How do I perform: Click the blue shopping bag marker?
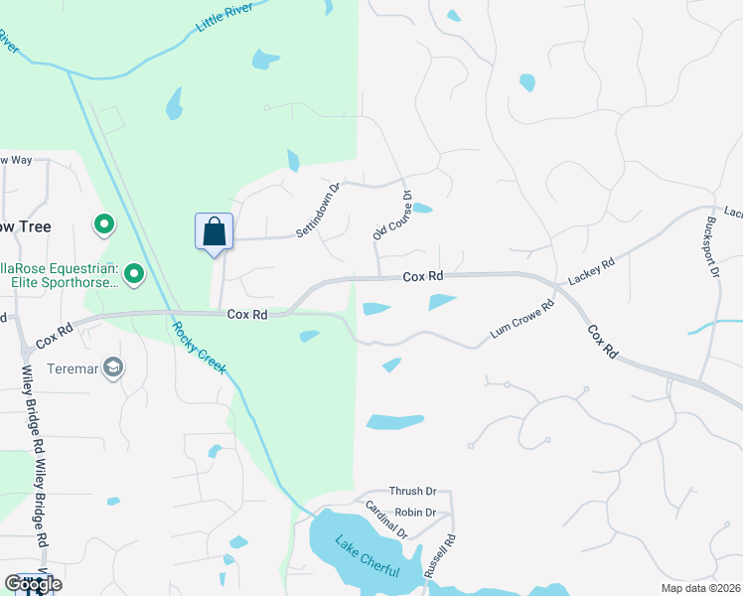coord(214,232)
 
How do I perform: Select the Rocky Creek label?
coord(200,348)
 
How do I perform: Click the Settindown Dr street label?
coord(318,210)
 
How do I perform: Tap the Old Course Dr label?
coord(391,217)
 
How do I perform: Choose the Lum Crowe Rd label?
coord(520,324)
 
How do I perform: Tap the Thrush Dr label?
coord(413,492)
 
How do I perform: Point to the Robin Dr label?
coord(415,513)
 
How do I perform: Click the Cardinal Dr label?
coord(386,520)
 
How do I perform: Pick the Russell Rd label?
coord(439,557)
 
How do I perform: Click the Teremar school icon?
coord(113,369)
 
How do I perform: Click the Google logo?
coord(33,583)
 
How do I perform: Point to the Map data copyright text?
coord(699,588)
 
